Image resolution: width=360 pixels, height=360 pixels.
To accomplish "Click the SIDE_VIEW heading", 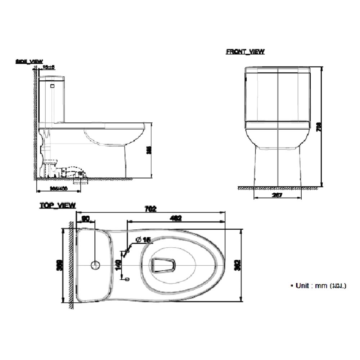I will pos(29,62).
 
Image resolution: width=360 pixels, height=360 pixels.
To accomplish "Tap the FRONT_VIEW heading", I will pos(245,52).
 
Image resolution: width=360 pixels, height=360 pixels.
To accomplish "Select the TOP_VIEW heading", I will pos(58,206).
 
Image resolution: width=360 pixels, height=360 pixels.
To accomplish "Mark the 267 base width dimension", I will pos(277,195).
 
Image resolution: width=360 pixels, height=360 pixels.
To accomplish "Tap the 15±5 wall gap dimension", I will pos(48,67).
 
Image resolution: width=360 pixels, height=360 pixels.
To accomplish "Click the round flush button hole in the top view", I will pos(95,265).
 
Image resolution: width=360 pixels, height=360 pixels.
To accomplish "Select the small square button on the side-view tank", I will pos(53,86).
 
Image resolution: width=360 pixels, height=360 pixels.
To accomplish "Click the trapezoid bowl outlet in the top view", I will pos(162,265).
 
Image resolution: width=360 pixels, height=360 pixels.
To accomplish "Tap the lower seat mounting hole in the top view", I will pos(125,279).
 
